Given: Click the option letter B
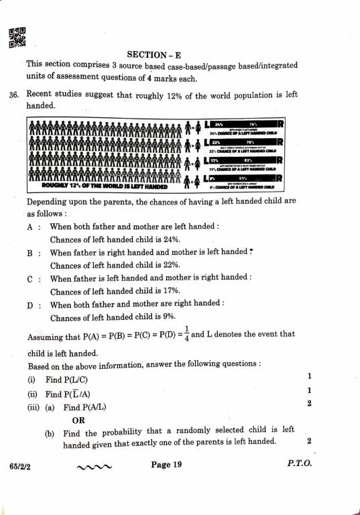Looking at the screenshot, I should point(30,253).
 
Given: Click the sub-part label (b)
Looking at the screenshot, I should point(50,434).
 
